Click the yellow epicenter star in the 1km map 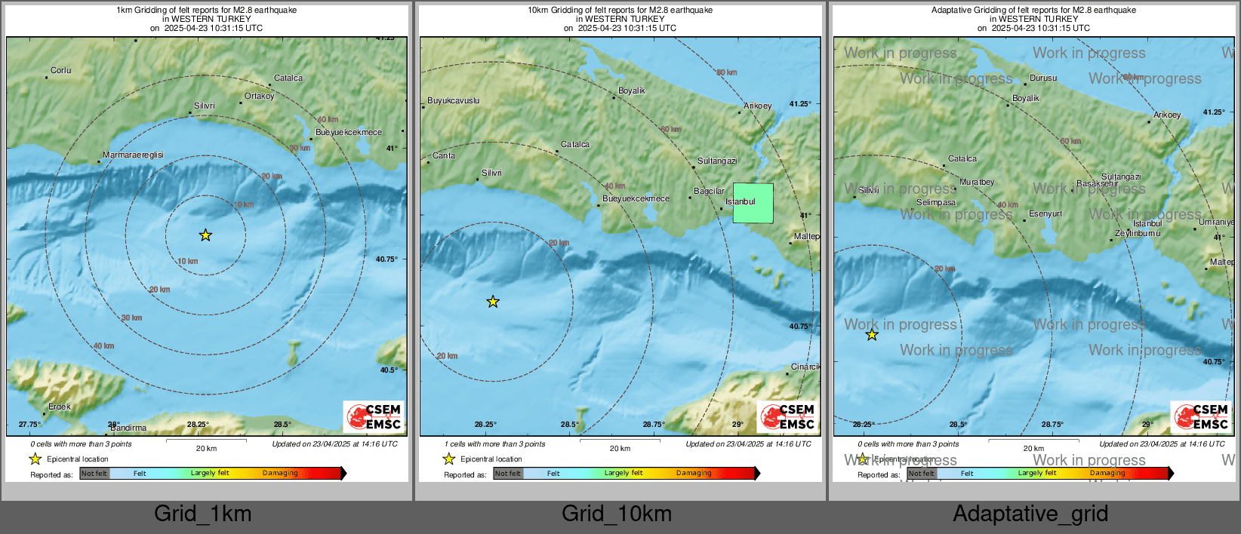205,235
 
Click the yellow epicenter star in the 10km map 493,302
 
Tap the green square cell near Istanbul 753,203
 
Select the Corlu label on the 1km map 60,70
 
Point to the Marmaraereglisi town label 133,155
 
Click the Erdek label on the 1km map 60,407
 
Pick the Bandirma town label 128,428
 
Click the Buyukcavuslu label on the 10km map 453,100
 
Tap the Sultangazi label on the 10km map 717,161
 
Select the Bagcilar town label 709,191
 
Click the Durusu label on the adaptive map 1043,78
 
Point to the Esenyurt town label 1045,213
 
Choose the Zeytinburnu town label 1138,233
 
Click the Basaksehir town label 1098,183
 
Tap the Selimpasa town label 936,202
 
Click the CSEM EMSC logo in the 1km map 374,416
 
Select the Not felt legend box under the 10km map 508,474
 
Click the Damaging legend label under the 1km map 280,473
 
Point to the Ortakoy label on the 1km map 259,96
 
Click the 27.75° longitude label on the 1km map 29,424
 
